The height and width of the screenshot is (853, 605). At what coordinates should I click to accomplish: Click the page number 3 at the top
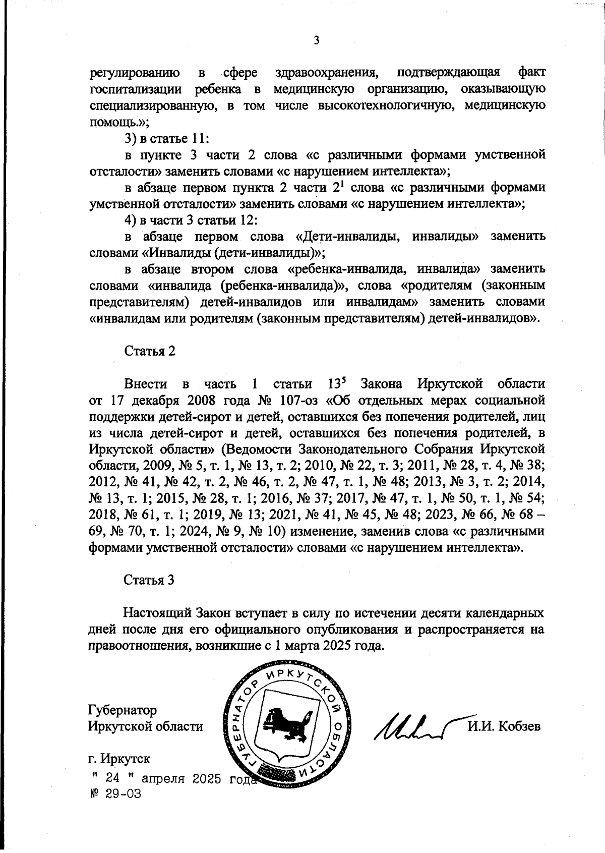click(316, 41)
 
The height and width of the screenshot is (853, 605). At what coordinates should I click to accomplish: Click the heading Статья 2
click(149, 351)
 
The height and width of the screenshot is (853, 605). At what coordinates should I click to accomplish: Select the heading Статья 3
click(149, 580)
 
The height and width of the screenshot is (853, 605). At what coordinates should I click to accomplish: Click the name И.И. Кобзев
click(504, 726)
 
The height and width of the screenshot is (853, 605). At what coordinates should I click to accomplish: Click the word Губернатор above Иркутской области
click(122, 710)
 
